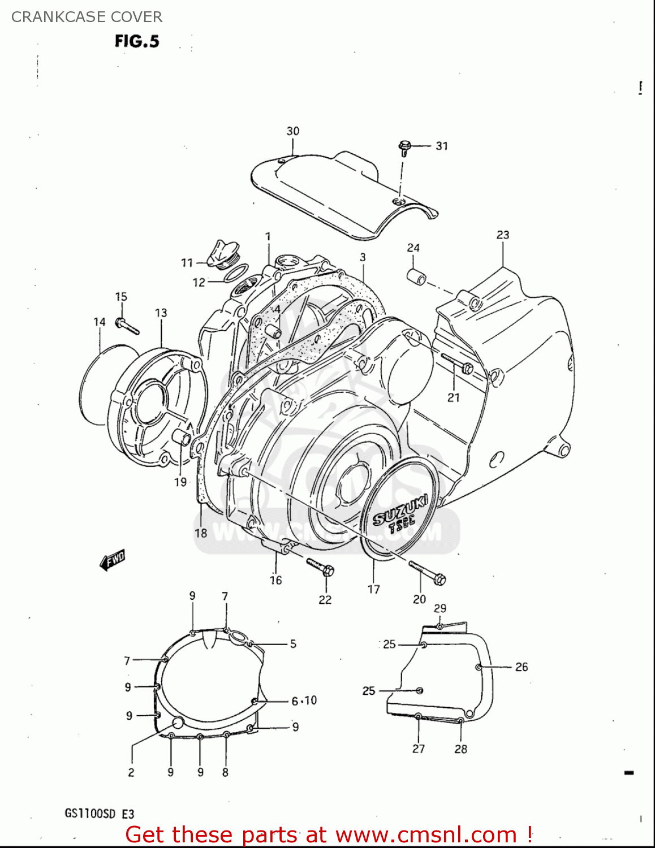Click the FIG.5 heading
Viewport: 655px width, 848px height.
(137, 41)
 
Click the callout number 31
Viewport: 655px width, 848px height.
(442, 146)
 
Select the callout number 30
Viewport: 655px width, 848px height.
(292, 131)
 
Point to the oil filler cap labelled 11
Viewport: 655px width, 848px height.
(217, 255)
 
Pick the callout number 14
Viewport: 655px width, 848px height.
(100, 322)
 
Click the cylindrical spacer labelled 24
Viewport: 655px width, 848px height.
(416, 278)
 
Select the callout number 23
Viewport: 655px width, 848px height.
(503, 235)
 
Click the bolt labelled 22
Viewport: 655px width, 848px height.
(320, 566)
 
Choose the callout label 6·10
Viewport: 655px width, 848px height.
(304, 701)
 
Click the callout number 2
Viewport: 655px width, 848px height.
(131, 772)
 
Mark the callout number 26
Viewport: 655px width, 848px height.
(522, 667)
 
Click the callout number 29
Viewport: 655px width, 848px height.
(440, 608)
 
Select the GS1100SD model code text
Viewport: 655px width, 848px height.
(91, 814)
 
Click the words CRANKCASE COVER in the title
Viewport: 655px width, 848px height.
(87, 17)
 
